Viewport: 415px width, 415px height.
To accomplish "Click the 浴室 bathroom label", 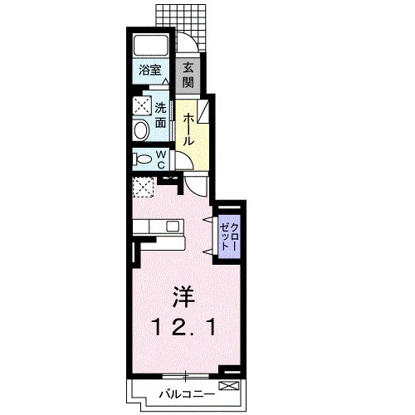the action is coord(149,70).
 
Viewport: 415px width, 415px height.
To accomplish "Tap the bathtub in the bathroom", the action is coord(151,46).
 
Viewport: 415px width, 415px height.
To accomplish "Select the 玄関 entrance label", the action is coord(188,76).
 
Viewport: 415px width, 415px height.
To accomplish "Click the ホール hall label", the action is coord(188,129).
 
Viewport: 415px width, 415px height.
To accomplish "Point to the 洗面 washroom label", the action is coord(160,115).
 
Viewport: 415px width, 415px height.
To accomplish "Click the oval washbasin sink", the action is coord(141,130).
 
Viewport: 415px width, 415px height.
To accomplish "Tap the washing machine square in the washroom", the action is coord(142,105).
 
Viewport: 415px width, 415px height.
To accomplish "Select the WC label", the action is coord(161,160).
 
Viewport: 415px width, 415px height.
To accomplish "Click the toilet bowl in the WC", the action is coord(143,159).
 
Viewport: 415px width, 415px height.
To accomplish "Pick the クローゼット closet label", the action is coord(229,237).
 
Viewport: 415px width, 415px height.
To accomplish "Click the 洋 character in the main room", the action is coord(183,297).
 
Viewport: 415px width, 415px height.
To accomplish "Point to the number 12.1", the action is coord(183,327).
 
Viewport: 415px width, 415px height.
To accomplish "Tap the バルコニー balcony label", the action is coord(187,394).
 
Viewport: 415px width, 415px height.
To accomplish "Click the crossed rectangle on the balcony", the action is coord(229,386).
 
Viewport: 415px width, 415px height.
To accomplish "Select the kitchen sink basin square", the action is coord(173,227).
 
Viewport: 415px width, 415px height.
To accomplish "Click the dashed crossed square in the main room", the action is coord(143,187).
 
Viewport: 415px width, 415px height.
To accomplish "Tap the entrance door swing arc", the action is coord(192,41).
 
